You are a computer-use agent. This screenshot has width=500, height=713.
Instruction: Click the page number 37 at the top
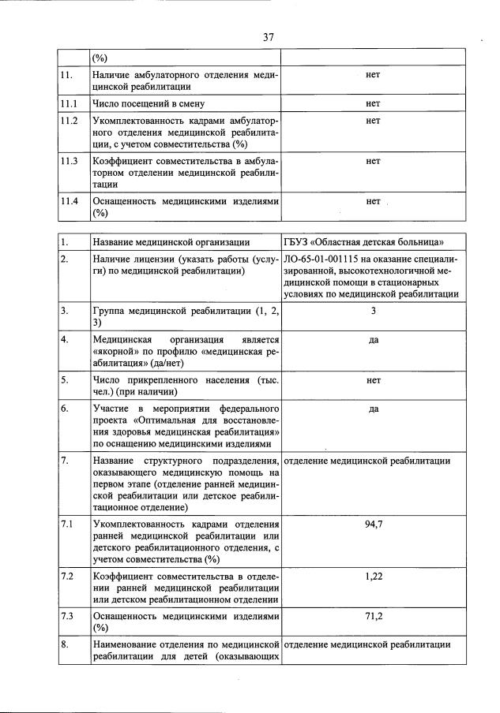pos(269,36)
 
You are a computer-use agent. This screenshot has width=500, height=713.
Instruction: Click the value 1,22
pos(374,577)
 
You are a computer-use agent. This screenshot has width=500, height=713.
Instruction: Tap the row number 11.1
pos(70,103)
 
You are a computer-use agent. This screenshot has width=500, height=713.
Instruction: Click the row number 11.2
pos(70,121)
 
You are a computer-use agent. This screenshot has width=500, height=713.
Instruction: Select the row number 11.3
pos(70,162)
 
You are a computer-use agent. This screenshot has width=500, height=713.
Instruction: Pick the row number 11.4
pos(70,201)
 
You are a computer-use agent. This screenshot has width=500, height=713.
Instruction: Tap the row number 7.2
pos(69,577)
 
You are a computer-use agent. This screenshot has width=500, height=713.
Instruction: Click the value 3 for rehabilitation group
pos(374,311)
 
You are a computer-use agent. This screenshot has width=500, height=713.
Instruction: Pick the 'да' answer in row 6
pos(374,409)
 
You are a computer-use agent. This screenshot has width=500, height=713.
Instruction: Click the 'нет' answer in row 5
pos(374,380)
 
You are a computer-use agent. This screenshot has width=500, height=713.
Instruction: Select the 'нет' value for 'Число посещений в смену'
pos(374,103)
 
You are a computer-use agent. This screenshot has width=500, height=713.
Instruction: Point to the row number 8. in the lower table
pos(66,645)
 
